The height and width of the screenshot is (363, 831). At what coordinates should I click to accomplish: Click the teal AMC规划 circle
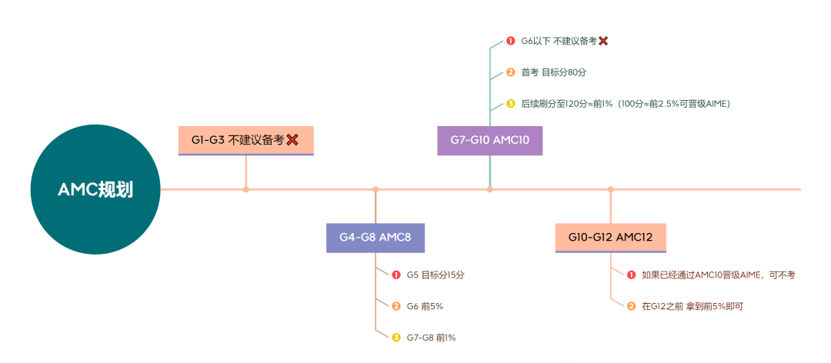95,190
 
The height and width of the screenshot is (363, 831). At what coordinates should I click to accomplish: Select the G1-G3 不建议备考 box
245,140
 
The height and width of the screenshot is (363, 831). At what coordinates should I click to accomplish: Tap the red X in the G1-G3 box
292,140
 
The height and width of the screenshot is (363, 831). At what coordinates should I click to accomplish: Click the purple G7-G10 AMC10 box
490,140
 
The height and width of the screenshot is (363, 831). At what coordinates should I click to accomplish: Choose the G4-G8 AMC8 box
375,238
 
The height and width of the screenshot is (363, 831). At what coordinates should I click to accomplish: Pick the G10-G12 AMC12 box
611,238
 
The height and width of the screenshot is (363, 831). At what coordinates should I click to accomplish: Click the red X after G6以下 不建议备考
603,41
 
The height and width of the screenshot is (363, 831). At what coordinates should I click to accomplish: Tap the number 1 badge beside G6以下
510,41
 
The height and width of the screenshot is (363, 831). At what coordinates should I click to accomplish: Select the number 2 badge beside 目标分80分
510,72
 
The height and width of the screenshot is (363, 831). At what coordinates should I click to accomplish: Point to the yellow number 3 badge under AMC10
510,103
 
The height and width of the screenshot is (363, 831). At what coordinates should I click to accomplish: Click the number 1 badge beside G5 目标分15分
396,275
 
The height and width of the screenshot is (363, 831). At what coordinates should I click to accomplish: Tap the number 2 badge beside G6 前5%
396,306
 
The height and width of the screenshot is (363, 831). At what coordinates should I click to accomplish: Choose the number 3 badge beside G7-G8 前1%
396,337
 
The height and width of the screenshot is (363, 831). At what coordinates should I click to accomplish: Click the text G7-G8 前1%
431,337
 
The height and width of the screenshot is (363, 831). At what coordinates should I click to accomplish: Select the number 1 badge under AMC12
631,275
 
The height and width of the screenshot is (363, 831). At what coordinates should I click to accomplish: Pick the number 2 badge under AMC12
631,306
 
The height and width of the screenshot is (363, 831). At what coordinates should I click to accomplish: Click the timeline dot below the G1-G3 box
246,189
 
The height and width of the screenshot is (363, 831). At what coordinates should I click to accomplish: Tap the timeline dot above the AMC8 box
375,189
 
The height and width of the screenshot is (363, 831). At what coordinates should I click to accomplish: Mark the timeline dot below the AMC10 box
490,189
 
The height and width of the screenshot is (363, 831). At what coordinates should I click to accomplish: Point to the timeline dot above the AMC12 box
611,189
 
